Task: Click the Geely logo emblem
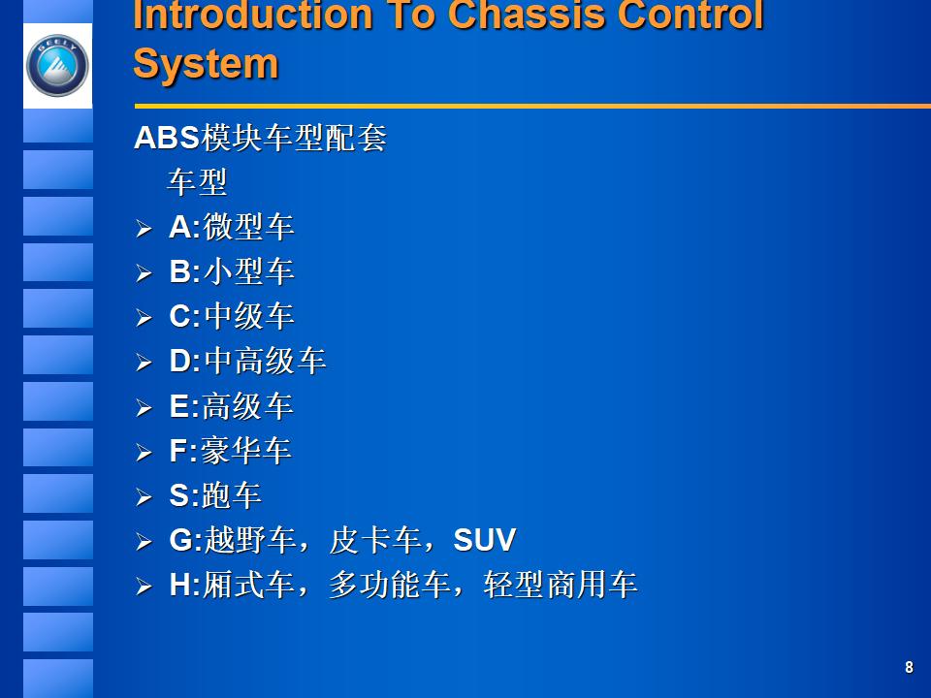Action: [57, 66]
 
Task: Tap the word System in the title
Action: [206, 64]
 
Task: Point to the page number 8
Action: [909, 667]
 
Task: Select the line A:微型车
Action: [231, 228]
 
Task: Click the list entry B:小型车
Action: [231, 272]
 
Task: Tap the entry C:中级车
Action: [231, 317]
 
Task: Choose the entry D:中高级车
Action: [247, 362]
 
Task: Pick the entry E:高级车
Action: [231, 406]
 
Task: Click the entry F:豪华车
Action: [230, 451]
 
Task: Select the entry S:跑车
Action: [214, 495]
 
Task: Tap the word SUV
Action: [484, 540]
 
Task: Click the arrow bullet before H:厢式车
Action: [144, 587]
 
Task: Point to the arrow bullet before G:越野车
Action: [144, 542]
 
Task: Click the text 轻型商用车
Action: [560, 586]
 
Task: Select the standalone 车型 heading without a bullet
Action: [197, 182]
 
